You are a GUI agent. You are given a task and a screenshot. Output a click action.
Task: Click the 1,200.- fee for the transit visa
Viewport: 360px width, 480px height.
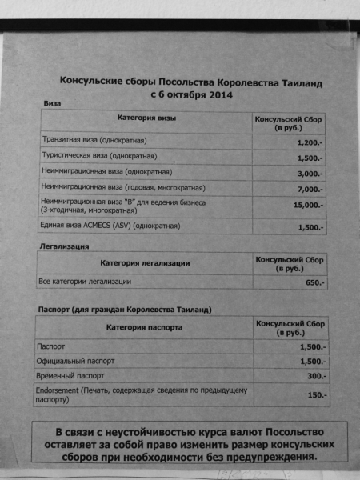coord(309,142)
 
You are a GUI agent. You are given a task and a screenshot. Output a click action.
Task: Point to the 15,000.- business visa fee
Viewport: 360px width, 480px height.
coord(307,206)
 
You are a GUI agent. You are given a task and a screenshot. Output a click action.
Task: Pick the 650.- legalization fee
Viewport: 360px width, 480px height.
coord(314,283)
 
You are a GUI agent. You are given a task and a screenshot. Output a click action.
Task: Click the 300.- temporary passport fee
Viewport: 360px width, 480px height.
coord(316,375)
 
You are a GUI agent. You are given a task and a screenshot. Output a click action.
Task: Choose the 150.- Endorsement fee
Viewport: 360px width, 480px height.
coord(317,395)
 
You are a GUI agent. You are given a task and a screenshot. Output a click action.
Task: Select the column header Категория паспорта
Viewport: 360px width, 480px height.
coord(144,327)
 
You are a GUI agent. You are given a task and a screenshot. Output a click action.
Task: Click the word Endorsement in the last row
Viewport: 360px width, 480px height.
coord(61,390)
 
